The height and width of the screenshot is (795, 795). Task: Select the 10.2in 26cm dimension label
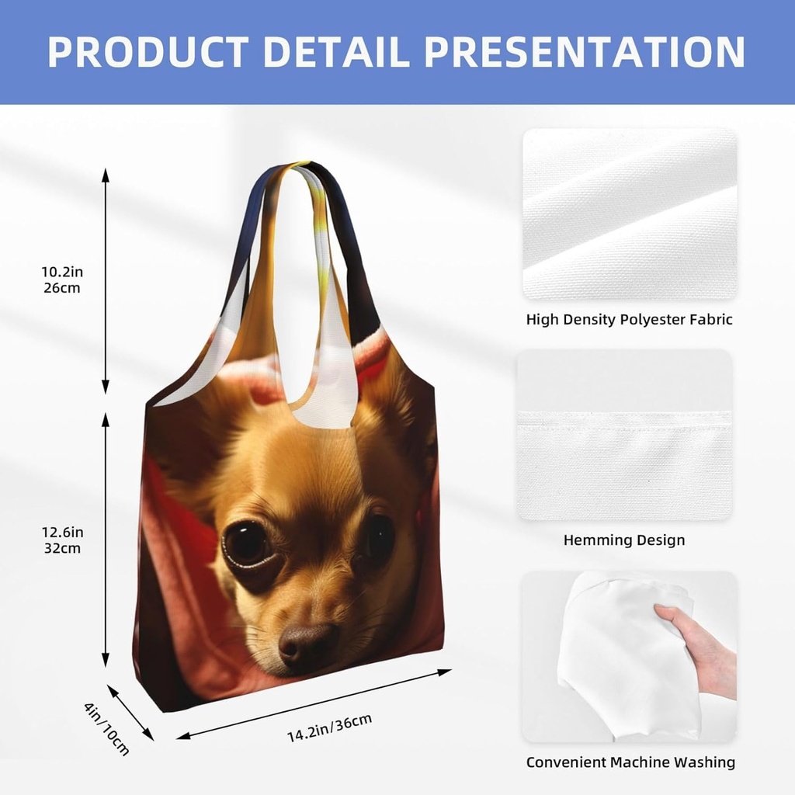coord(62,279)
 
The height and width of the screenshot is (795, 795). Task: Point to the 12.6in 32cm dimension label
coord(62,540)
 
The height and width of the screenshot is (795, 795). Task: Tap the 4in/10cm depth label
coord(106,728)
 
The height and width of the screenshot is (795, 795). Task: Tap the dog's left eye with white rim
coord(246,543)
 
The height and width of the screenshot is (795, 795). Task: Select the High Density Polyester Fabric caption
coord(629,319)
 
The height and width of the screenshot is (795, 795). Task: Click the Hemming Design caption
coord(624,540)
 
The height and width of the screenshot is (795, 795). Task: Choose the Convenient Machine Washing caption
coord(630,762)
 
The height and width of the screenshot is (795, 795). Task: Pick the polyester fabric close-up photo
coord(630,214)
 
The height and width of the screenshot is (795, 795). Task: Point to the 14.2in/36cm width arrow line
coord(314,703)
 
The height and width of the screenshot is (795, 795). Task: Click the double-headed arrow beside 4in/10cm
coord(130,712)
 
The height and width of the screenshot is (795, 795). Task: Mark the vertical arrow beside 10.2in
coord(106,279)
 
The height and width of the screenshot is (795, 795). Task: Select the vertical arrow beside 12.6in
coord(106,540)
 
